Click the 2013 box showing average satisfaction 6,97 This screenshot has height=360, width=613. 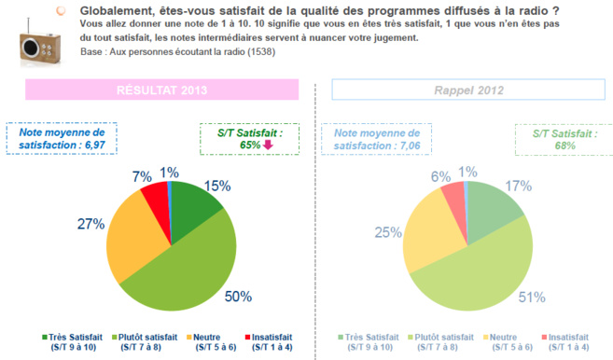point(50,139)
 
